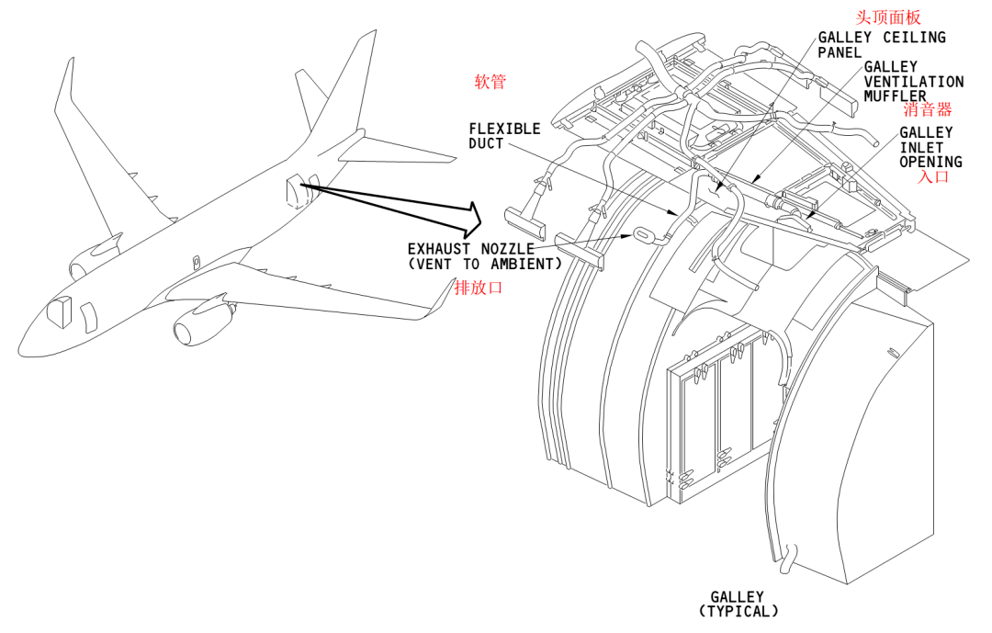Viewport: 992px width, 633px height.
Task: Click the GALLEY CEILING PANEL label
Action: pos(881,45)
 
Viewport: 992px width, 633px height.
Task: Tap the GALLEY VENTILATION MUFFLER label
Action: pos(913,82)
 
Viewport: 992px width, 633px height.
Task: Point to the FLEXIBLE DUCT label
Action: pos(504,136)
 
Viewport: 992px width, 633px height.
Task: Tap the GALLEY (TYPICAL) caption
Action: pos(738,604)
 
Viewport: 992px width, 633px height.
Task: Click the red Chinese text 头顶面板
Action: pos(887,17)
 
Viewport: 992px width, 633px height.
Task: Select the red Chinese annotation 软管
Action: pos(490,82)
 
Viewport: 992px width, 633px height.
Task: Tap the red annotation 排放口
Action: pos(479,288)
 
